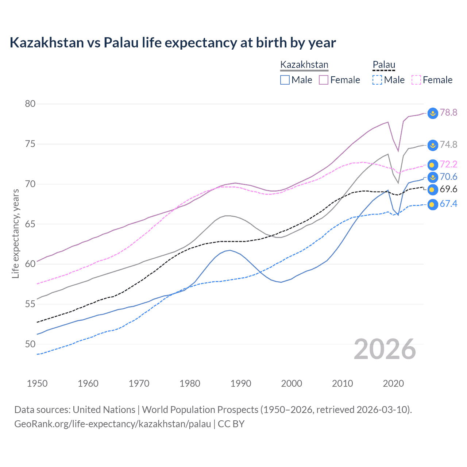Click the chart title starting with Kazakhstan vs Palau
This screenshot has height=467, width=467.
point(173,43)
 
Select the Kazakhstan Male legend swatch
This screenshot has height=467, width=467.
point(285,80)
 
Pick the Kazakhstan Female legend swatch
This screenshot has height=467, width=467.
point(324,80)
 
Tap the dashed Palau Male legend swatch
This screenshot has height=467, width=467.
point(377,80)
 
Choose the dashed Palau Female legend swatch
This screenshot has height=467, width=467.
point(416,80)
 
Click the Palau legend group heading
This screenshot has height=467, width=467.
point(384,65)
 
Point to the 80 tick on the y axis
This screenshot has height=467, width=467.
point(30,104)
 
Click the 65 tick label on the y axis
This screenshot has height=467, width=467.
point(30,224)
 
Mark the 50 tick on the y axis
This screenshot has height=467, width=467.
point(30,344)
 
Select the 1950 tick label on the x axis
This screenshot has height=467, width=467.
point(37,383)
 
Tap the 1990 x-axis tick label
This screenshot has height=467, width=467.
point(241,383)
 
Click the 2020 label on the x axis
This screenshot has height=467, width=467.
point(393,383)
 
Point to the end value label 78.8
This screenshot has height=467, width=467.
point(448,112)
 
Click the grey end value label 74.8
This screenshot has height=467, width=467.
point(448,144)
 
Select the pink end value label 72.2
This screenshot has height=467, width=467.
point(448,164)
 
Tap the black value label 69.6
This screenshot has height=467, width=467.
point(448,189)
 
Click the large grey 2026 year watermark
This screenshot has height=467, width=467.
point(385,350)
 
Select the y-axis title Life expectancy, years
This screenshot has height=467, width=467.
point(16,233)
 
